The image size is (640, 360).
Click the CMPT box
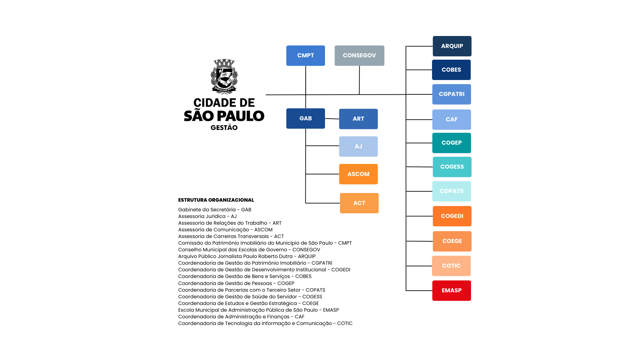click(x=305, y=56)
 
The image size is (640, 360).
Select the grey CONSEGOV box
click(x=359, y=56)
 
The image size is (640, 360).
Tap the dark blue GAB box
click(x=305, y=118)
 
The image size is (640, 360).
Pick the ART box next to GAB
click(x=358, y=119)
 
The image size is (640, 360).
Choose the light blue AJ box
click(x=358, y=146)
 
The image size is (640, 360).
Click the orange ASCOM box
click(x=358, y=174)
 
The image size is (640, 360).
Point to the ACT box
click(x=359, y=203)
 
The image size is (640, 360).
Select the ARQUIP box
click(x=452, y=46)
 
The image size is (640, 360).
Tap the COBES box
click(x=451, y=70)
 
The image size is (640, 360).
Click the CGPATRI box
click(x=452, y=94)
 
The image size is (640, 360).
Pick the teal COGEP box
click(x=452, y=143)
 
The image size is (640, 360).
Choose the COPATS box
click(x=452, y=191)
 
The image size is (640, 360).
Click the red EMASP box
click(x=452, y=291)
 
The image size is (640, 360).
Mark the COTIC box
click(x=451, y=266)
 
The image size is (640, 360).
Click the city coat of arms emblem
click(x=224, y=77)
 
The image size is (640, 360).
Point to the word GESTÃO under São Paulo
click(x=224, y=128)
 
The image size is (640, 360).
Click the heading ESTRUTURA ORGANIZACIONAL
click(x=216, y=200)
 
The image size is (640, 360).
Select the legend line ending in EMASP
click(x=258, y=310)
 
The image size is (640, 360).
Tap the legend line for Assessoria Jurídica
click(x=207, y=216)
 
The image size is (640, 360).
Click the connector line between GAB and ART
click(x=332, y=119)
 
